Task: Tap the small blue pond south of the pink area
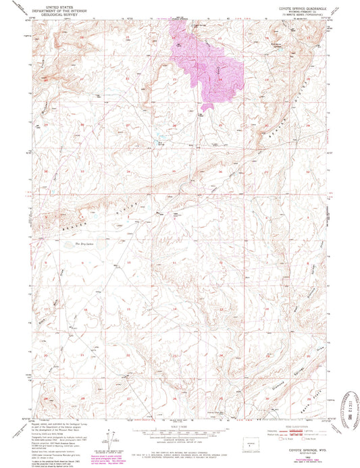pyautogui.click(x=161, y=142)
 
